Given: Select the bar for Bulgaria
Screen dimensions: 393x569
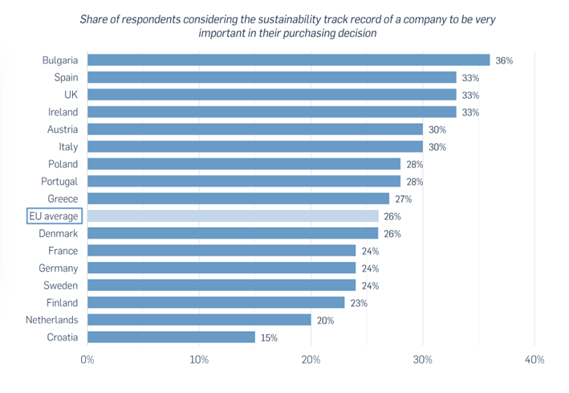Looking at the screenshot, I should [288, 60].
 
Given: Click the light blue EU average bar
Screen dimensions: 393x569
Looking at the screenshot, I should [233, 216].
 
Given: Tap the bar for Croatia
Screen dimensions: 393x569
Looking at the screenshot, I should [171, 338].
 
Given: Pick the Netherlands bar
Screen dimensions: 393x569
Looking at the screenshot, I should [199, 320].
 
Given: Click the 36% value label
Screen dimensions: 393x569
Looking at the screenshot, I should [505, 60].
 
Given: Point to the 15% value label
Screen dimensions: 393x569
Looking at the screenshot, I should [270, 338].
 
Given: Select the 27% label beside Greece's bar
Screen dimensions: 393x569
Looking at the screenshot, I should [404, 199].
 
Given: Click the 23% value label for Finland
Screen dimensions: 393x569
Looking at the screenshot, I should [359, 303].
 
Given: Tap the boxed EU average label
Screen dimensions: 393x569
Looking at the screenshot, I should [54, 216].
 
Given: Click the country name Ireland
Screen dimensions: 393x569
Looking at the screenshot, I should [62, 113].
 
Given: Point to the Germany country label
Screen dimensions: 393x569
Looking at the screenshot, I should [59, 268].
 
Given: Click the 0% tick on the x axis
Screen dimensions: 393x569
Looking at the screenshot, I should [87, 359].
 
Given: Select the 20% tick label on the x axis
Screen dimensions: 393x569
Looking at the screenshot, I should [311, 359].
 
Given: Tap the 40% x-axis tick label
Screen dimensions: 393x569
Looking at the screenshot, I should [534, 359].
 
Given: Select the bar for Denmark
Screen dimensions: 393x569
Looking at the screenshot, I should [233, 234].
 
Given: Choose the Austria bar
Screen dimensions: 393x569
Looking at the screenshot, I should [254, 129].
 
